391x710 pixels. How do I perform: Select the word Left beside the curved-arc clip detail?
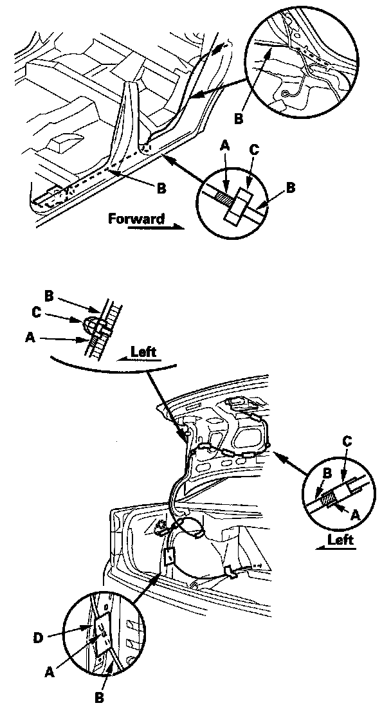[143, 352]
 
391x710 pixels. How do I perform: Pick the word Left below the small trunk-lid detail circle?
[341, 540]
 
